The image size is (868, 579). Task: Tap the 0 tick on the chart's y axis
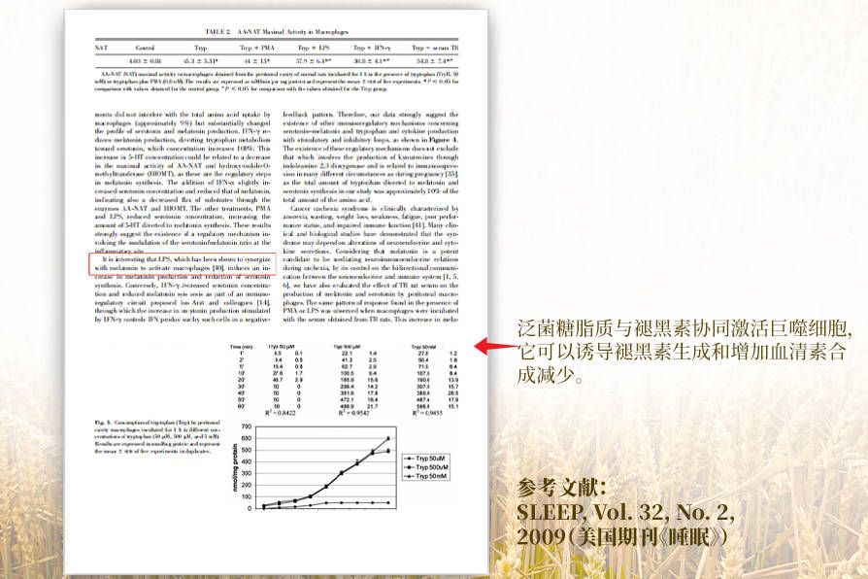pos(245,507)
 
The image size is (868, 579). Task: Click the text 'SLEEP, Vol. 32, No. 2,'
pos(625,512)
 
